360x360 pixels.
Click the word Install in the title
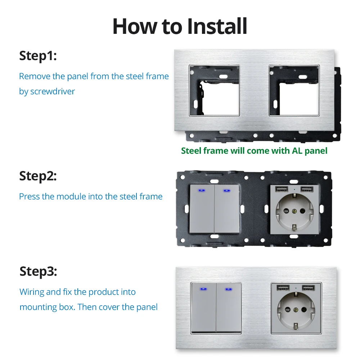pyautogui.click(x=217, y=26)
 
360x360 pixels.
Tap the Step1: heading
pyautogui.click(x=38, y=56)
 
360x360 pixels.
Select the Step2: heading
pyautogui.click(x=38, y=176)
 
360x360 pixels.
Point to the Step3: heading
pyautogui.click(x=38, y=271)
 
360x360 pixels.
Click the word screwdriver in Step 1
pyautogui.click(x=53, y=91)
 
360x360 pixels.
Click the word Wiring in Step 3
pyautogui.click(x=32, y=292)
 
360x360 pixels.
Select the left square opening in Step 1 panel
pyautogui.click(x=214, y=90)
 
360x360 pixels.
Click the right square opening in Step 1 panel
pyautogui.click(x=294, y=90)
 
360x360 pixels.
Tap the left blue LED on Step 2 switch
pyautogui.click(x=202, y=190)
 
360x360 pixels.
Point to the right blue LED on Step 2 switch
pyautogui.click(x=227, y=190)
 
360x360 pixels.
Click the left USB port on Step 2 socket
pyautogui.click(x=282, y=189)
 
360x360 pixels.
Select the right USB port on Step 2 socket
pyautogui.click(x=307, y=189)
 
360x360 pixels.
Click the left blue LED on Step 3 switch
pyautogui.click(x=203, y=289)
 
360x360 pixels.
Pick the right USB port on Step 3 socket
pyautogui.click(x=308, y=288)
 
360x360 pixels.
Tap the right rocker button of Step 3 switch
pyautogui.click(x=229, y=307)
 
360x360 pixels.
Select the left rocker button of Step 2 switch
pyautogui.click(x=202, y=209)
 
